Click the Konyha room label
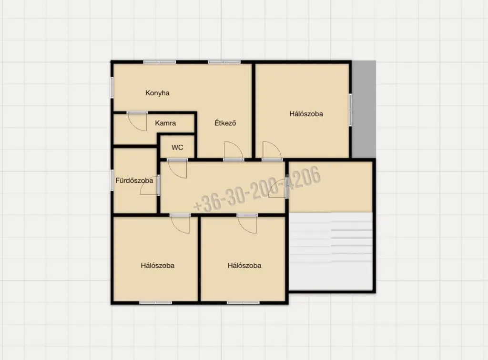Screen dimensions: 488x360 click(x=157, y=93)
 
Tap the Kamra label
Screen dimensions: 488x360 click(x=165, y=123)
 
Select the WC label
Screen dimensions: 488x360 click(x=177, y=147)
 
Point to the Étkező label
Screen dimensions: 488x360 click(x=225, y=123)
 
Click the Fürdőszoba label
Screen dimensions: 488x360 click(x=134, y=180)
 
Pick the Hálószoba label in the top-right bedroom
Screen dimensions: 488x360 click(x=306, y=114)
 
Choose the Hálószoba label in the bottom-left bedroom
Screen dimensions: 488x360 click(x=157, y=266)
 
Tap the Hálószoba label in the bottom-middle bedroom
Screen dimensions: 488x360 click(x=244, y=266)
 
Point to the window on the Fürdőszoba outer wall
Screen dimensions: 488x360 click(x=112, y=180)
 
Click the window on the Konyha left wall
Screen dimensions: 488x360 click(x=112, y=87)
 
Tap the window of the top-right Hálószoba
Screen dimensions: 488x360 click(x=350, y=110)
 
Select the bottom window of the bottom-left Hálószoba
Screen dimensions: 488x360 click(x=155, y=303)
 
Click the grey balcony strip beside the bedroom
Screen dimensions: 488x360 click(x=364, y=110)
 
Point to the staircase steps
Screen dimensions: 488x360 click(x=331, y=251)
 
